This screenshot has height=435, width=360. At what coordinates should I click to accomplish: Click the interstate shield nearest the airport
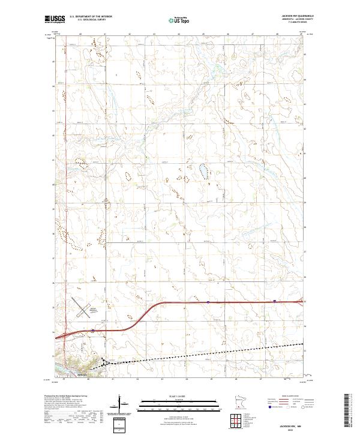coord(94,330)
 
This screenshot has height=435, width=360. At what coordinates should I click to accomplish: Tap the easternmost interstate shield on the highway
coord(274,301)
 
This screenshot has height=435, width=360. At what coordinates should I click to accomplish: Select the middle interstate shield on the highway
coord(208,302)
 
